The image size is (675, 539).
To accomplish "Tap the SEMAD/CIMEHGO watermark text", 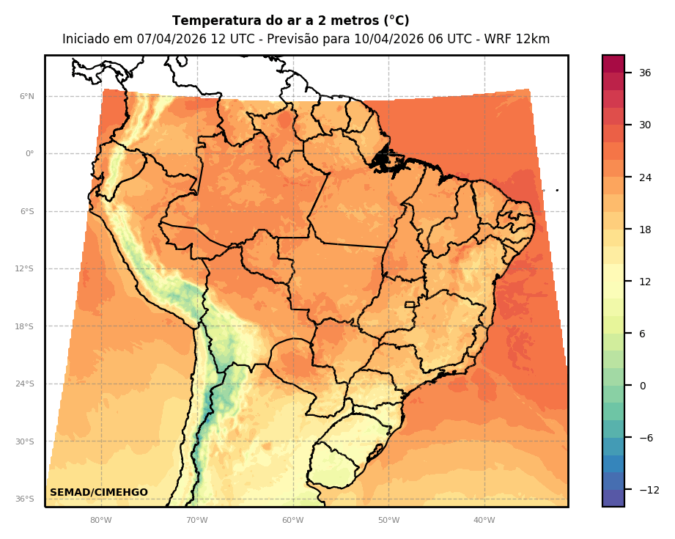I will click(x=99, y=493).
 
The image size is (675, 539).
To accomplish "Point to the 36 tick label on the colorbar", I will click(x=645, y=73).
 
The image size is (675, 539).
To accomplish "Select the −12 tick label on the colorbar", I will click(x=649, y=490).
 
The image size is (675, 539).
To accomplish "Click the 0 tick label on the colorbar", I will click(x=642, y=386).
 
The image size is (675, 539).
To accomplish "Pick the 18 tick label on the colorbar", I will click(x=645, y=230).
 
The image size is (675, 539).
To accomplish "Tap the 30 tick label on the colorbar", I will click(x=645, y=125).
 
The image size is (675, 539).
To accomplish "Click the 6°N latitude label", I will click(x=26, y=96).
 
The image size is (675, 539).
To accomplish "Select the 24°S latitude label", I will click(x=25, y=384).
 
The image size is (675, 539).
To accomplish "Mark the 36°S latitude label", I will click(x=25, y=499).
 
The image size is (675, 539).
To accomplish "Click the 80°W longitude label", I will click(x=101, y=521).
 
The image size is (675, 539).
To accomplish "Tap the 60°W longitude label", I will click(x=292, y=521).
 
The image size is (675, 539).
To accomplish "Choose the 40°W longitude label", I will click(x=484, y=521).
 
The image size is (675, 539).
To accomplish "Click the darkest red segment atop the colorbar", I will click(x=613, y=64).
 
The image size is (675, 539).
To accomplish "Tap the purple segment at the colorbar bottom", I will click(x=613, y=498).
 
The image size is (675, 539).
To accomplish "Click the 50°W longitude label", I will click(x=388, y=521).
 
